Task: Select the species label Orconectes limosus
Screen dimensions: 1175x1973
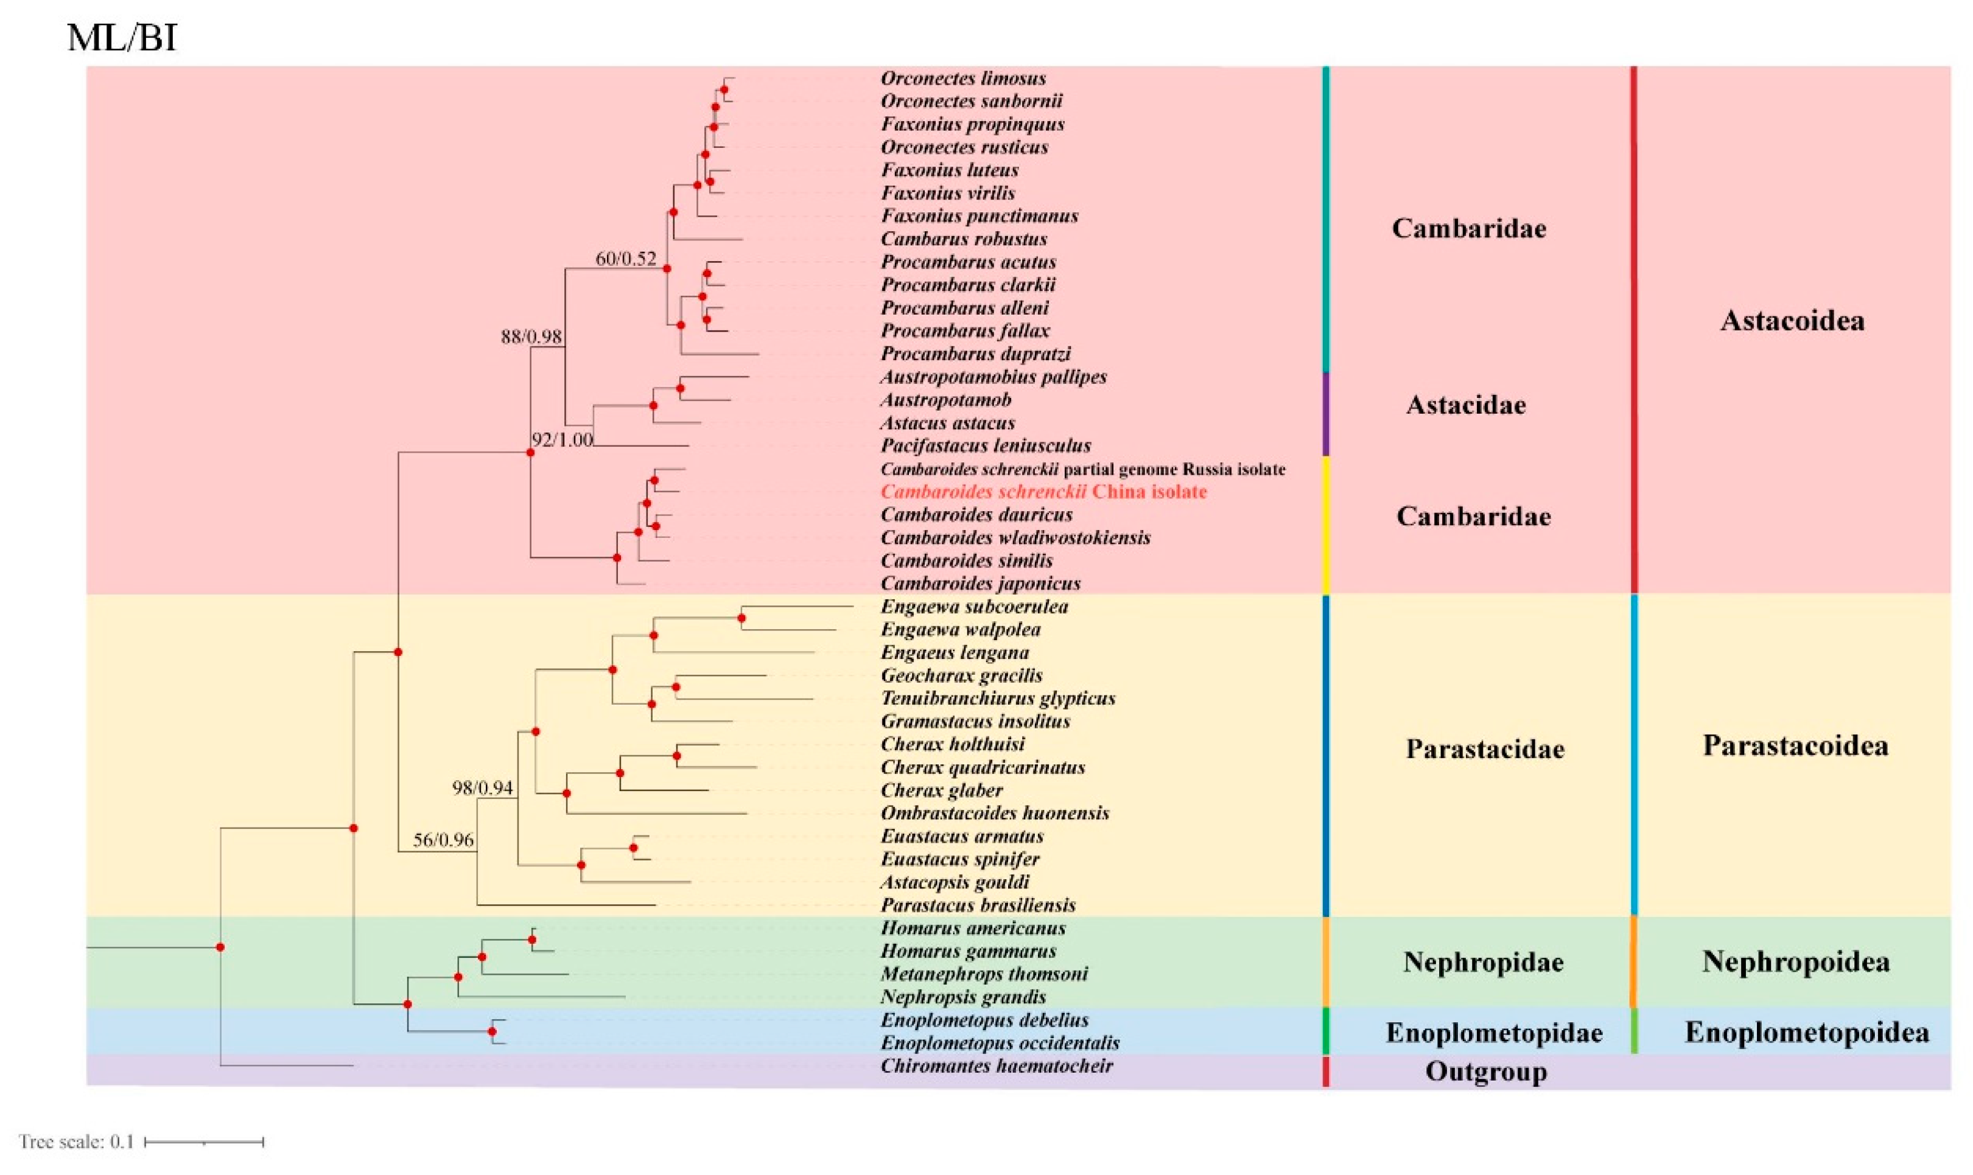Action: (x=962, y=78)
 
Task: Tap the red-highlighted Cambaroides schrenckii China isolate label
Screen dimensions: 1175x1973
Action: (x=1043, y=492)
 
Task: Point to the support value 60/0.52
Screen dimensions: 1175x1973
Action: (x=625, y=259)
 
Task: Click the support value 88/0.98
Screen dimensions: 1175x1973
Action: (x=531, y=336)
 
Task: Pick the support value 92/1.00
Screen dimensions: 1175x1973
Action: (x=561, y=439)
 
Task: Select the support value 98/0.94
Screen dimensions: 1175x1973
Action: (x=482, y=788)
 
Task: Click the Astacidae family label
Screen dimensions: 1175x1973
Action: (x=1465, y=405)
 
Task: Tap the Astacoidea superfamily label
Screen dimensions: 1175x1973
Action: (x=1792, y=321)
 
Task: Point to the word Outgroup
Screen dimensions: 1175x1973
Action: (x=1485, y=1072)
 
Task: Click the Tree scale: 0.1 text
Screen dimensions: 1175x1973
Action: (x=76, y=1142)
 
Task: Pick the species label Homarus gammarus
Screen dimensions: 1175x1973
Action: (x=968, y=951)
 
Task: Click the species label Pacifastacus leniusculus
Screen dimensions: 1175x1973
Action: (x=986, y=446)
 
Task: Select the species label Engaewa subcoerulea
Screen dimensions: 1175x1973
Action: (x=973, y=607)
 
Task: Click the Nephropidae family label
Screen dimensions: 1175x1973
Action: (x=1483, y=963)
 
